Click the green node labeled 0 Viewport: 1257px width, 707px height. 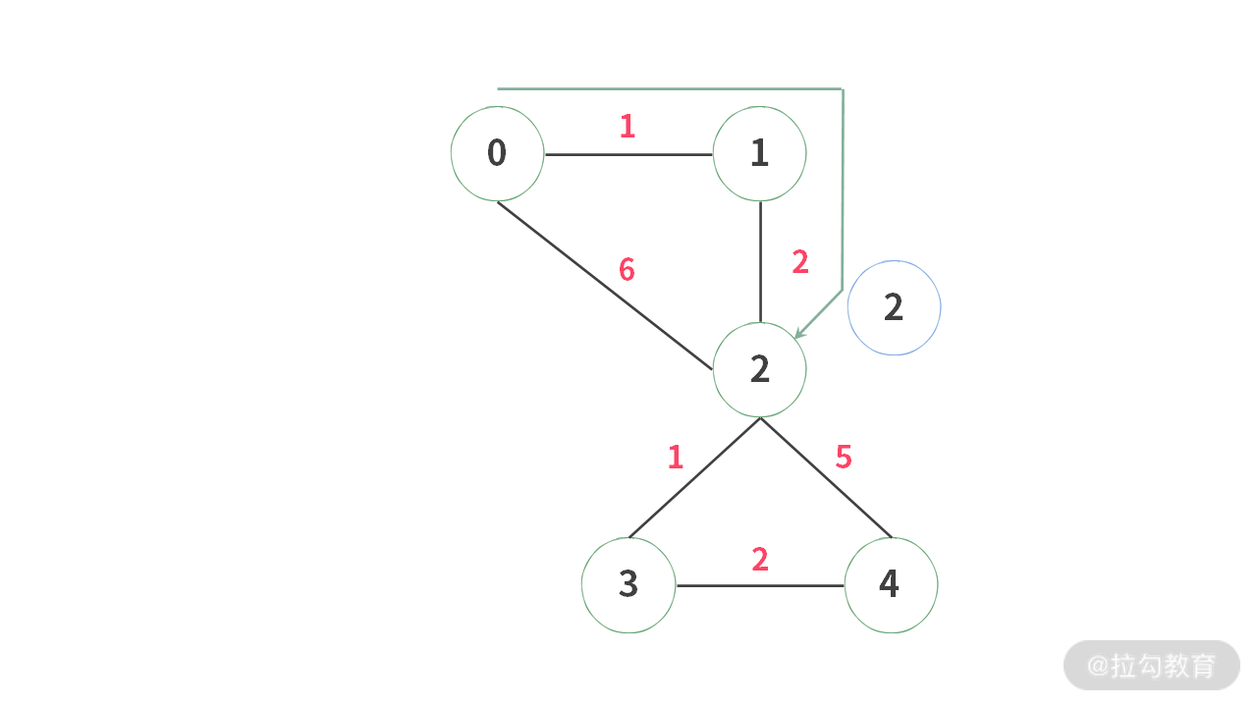coord(497,153)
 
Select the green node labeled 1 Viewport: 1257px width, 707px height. coord(759,153)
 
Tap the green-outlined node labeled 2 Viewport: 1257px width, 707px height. coord(759,369)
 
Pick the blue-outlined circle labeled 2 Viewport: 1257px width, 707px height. coord(894,307)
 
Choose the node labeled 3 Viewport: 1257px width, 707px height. coord(628,585)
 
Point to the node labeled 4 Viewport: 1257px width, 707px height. coord(891,585)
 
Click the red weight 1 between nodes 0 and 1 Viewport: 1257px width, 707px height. coord(628,127)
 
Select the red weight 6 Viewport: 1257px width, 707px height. coord(627,269)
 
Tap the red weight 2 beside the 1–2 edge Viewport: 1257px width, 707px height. coord(799,262)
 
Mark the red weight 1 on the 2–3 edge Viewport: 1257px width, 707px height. coord(675,457)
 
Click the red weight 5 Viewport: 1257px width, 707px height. coord(843,457)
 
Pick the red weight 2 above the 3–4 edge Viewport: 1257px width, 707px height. coord(759,560)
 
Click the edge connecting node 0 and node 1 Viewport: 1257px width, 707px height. coord(628,154)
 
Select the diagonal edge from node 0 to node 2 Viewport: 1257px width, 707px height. coord(604,285)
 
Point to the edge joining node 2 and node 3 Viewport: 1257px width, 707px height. coord(694,478)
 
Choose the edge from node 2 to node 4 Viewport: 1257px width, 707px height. coord(825,478)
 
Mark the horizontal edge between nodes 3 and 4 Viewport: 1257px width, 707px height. coord(760,586)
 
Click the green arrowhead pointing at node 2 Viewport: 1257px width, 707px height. coord(800,333)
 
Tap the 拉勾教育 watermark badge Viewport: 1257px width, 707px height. coord(1151,666)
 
